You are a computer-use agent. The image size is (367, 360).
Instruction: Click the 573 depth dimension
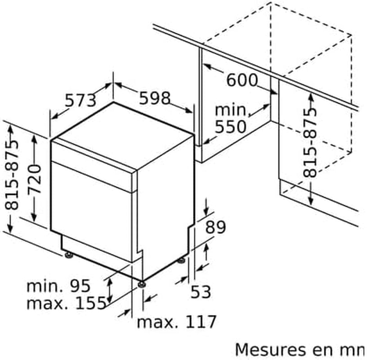(x=80, y=100)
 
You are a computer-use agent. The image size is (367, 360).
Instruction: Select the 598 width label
(x=155, y=98)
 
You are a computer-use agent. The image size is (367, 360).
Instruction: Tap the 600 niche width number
(x=242, y=80)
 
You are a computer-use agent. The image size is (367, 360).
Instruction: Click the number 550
(x=231, y=127)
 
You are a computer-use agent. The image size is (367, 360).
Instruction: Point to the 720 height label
(x=34, y=179)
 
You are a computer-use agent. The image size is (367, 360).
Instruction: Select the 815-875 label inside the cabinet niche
(x=310, y=143)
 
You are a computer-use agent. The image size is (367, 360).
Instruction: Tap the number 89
(x=216, y=227)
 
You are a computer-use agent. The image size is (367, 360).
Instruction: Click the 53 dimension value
(x=201, y=292)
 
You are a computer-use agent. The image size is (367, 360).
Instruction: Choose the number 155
(x=91, y=303)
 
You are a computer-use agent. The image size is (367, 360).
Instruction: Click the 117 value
(x=200, y=322)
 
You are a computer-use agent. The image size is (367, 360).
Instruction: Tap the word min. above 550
(x=231, y=110)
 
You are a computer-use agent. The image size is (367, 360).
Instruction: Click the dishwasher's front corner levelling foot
(x=141, y=284)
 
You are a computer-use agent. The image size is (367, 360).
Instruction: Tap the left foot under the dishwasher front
(x=68, y=255)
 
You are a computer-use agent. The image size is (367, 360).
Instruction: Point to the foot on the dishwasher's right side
(x=181, y=260)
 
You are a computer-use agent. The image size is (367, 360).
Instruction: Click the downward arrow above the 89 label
(x=206, y=207)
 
